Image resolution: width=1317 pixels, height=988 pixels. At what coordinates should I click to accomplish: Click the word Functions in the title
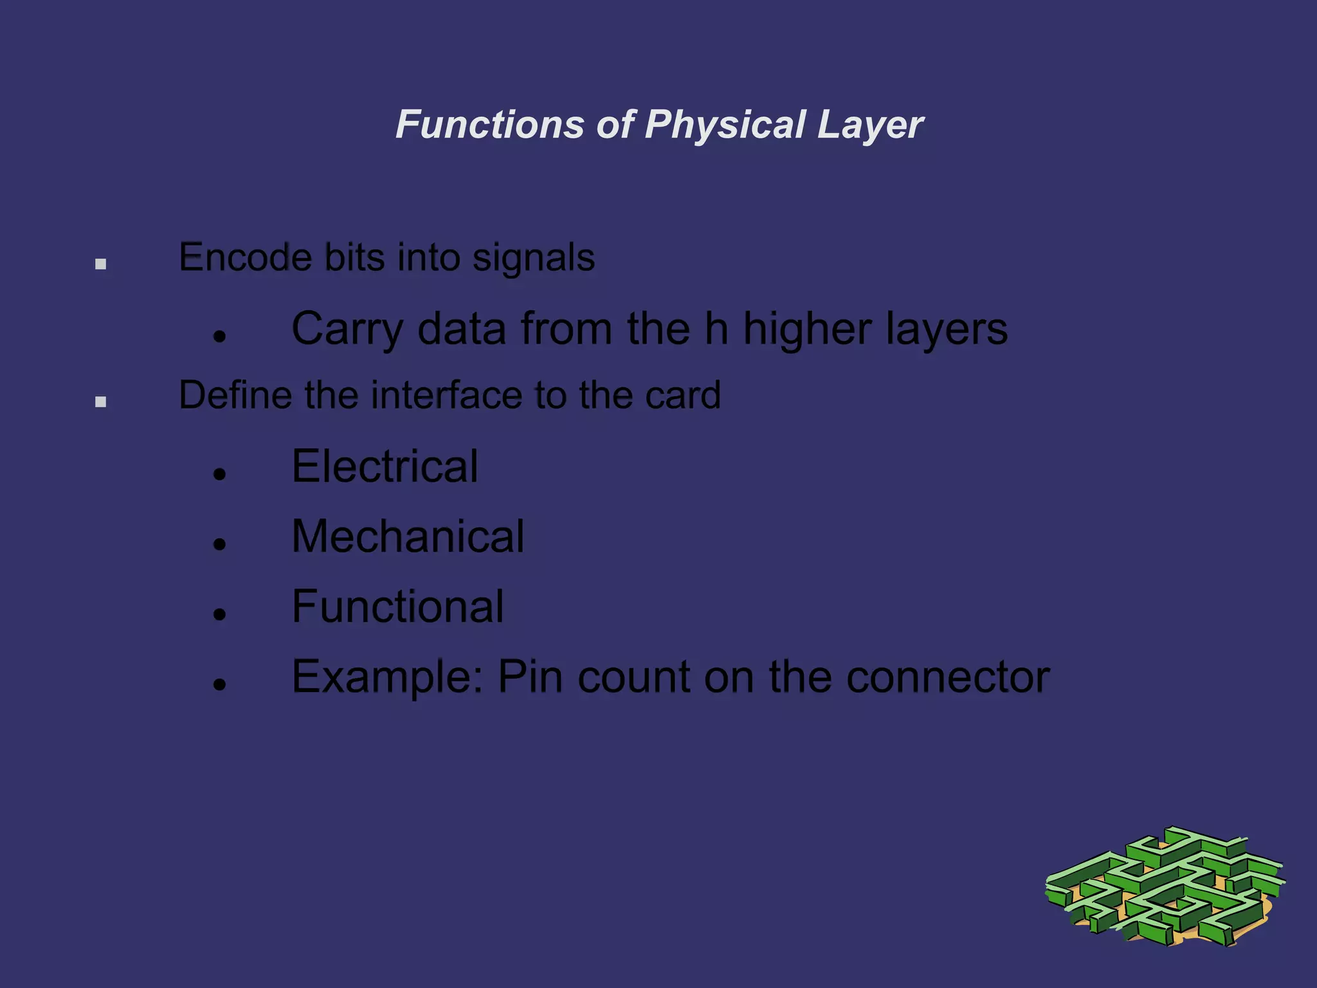[x=489, y=124]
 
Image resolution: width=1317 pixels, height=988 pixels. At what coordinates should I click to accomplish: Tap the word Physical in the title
[x=724, y=124]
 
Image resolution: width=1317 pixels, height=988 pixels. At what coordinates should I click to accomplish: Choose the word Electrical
[x=385, y=466]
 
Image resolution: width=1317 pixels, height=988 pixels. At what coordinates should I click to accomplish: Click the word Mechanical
[x=408, y=536]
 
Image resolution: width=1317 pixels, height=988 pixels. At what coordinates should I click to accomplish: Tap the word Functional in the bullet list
[x=397, y=606]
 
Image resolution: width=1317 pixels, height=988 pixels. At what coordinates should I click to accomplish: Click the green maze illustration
[x=1165, y=887]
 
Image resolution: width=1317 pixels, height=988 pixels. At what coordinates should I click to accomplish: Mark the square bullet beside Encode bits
[x=100, y=264]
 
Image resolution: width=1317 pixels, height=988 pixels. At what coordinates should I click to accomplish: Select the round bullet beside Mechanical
[x=220, y=544]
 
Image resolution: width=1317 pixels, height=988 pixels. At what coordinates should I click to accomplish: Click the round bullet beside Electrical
[x=220, y=474]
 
